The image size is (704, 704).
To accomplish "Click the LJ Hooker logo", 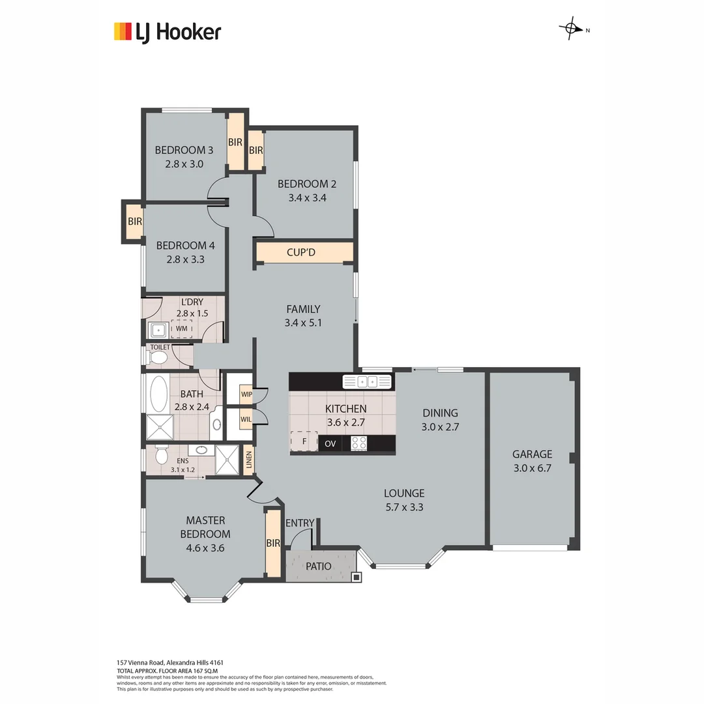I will [168, 32].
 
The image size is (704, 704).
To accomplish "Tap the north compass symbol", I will [571, 29].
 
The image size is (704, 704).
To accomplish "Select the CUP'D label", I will [301, 252].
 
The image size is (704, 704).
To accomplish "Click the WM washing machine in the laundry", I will [181, 329].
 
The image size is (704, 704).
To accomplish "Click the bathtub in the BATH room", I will [158, 394].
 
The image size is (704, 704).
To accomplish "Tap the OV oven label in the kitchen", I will [330, 444].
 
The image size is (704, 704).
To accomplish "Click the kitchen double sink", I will [367, 381].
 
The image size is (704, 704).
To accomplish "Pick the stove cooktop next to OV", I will [359, 444].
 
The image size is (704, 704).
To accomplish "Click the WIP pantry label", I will [246, 394].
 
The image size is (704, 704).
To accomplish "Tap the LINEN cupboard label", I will [248, 461].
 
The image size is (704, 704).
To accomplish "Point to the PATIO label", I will [318, 566].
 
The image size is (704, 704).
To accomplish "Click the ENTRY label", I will [299, 523].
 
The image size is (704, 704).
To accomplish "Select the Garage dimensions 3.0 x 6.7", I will [531, 467].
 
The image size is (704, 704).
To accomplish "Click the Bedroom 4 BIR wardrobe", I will [134, 222].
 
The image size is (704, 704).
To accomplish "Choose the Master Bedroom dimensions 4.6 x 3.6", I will [205, 548].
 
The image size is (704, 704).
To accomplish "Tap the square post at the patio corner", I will [356, 576].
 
